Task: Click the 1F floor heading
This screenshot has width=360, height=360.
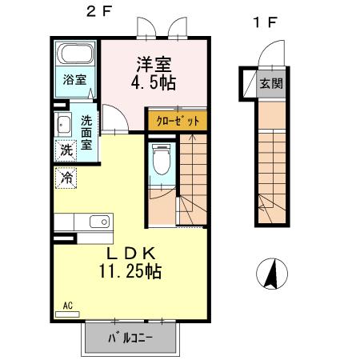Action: [x=265, y=22]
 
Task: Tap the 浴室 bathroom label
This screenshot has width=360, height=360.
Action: [x=74, y=80]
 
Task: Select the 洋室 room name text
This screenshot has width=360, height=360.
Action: [x=154, y=63]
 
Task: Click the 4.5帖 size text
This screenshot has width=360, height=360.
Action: [x=153, y=82]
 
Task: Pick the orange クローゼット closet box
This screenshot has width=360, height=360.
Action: [x=177, y=121]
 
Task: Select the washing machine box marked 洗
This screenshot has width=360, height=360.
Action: [x=65, y=150]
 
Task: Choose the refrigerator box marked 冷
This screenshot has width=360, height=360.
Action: [x=66, y=178]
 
